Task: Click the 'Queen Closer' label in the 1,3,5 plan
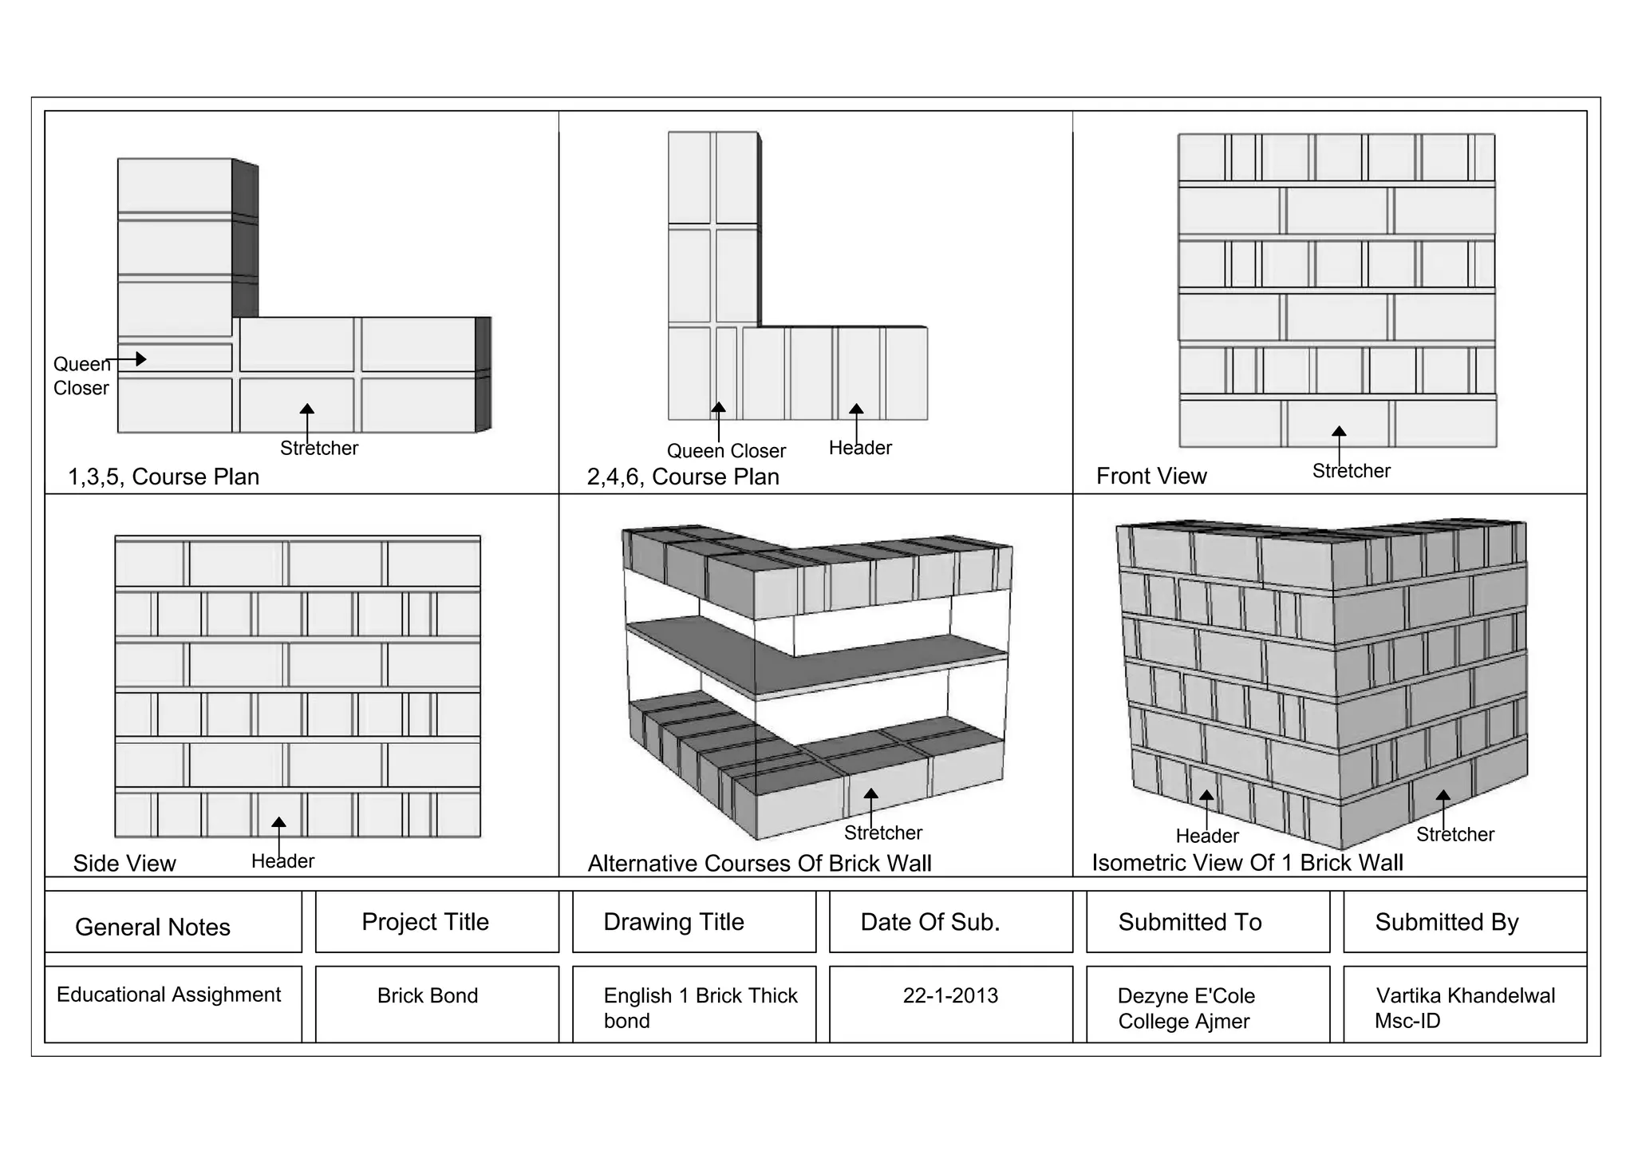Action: [x=81, y=376]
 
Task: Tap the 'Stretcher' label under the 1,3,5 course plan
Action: [x=318, y=448]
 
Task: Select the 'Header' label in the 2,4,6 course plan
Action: [x=859, y=448]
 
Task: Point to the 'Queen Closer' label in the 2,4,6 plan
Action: [x=726, y=451]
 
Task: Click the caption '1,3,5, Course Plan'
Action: [x=164, y=477]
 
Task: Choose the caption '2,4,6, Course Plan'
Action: [x=683, y=477]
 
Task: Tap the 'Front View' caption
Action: [x=1151, y=476]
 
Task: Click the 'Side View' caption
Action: [x=124, y=863]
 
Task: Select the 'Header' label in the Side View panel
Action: [x=282, y=861]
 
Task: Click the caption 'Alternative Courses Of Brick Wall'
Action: [x=760, y=863]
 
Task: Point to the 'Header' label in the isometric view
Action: [x=1206, y=836]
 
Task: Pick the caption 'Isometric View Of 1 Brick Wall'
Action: [x=1247, y=862]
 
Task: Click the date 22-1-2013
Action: [x=950, y=995]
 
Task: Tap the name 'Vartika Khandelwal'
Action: [x=1465, y=995]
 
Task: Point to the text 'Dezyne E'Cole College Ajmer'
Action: [x=1186, y=1008]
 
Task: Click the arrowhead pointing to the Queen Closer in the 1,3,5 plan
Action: [x=141, y=359]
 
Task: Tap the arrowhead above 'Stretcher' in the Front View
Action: [x=1339, y=432]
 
